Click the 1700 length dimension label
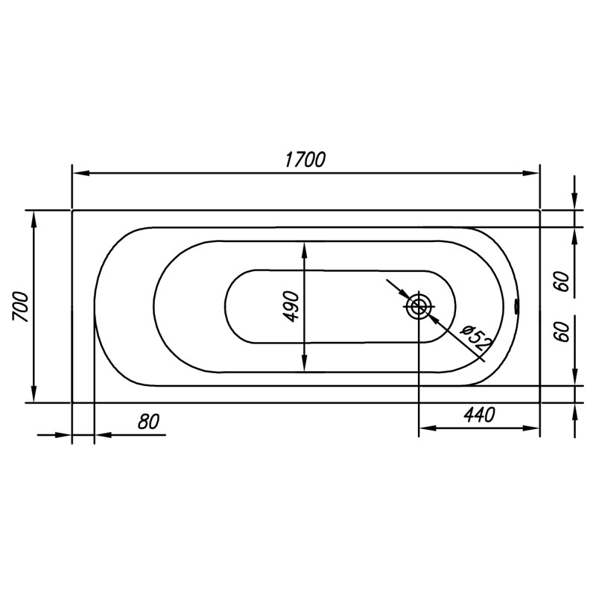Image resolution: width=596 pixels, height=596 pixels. tap(305, 159)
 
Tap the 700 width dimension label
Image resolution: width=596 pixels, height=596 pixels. tap(21, 307)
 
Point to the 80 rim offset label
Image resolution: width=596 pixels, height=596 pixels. tap(148, 422)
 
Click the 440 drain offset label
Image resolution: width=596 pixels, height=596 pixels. tap(479, 415)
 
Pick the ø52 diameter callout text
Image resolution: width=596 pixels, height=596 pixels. tap(476, 337)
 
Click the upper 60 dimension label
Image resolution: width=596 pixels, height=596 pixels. tap(564, 282)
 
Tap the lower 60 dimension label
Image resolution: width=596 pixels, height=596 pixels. tap(564, 332)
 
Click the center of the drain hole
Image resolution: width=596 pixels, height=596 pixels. tap(419, 306)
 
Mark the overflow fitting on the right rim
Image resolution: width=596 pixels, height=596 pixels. tap(516, 306)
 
